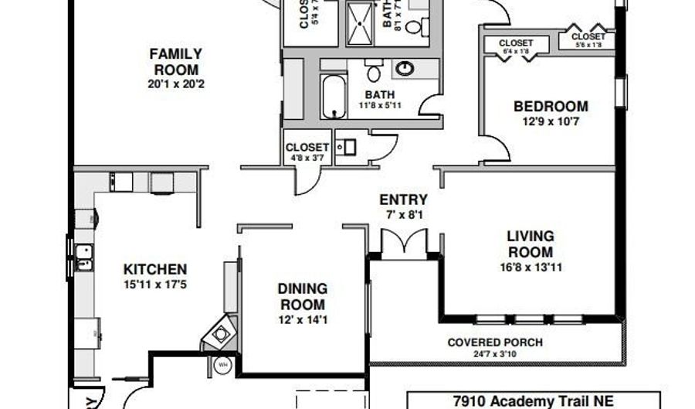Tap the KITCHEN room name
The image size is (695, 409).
click(x=155, y=270)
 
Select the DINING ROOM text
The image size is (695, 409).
click(x=303, y=296)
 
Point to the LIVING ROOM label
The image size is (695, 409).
click(x=530, y=244)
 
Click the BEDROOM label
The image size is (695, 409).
click(x=551, y=107)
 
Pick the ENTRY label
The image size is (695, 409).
click(x=402, y=199)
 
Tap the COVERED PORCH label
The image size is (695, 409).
click(x=495, y=343)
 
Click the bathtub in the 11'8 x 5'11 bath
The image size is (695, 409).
click(x=334, y=96)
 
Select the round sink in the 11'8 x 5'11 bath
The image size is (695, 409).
click(x=404, y=69)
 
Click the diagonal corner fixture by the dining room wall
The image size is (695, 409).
click(x=220, y=332)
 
